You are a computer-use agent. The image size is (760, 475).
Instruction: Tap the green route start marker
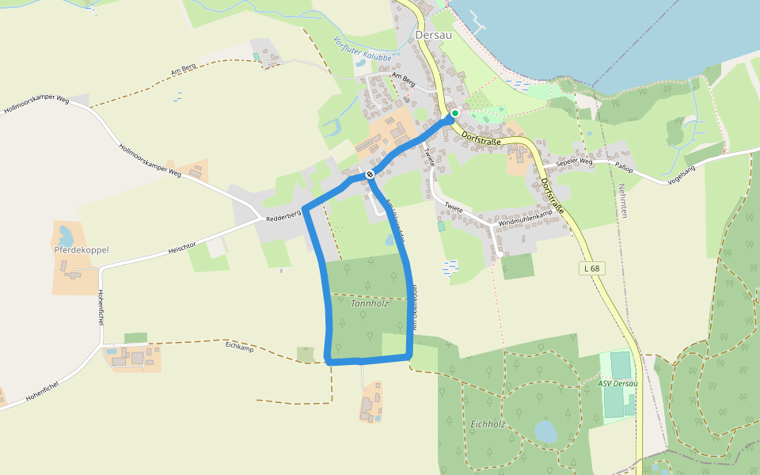click(455, 113)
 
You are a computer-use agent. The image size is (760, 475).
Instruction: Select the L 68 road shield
click(591, 269)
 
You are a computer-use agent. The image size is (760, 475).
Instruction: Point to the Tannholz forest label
click(369, 303)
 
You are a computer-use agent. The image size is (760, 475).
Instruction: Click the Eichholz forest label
click(487, 424)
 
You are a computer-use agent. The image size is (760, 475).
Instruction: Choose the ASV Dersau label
click(617, 384)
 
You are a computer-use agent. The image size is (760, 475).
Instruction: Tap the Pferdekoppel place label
click(81, 250)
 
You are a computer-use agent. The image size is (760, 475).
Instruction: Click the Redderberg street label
click(283, 215)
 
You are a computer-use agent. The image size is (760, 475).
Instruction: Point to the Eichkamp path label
click(238, 345)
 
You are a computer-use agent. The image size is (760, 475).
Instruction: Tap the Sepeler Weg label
click(574, 161)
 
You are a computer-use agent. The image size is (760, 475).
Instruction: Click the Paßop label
click(625, 165)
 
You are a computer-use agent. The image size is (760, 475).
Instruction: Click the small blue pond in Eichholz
click(545, 431)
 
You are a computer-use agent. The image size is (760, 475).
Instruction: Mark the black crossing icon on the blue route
click(370, 174)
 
